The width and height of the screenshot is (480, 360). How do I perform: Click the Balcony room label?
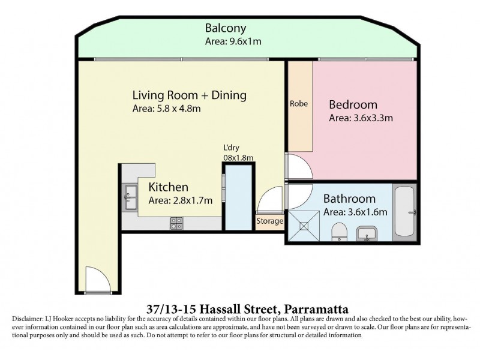(x=226, y=28)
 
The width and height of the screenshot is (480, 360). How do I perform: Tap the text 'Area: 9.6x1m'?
(x=233, y=42)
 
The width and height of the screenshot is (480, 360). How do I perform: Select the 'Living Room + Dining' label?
(x=189, y=95)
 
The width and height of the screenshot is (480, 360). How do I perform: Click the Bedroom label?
(x=353, y=104)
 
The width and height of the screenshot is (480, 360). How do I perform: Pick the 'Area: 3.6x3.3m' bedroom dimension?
(x=361, y=118)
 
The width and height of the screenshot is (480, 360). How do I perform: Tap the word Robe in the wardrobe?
(x=299, y=103)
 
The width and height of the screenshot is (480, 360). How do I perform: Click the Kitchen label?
(x=169, y=187)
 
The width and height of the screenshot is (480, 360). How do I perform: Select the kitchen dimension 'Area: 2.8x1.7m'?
(x=181, y=201)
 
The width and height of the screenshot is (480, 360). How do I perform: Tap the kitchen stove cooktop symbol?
(x=176, y=223)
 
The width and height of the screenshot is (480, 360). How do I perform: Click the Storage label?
(x=269, y=221)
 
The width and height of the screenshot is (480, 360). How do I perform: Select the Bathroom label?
(x=349, y=199)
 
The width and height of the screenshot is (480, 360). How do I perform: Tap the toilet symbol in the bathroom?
(x=339, y=231)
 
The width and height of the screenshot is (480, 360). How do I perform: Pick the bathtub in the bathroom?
(x=405, y=211)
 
